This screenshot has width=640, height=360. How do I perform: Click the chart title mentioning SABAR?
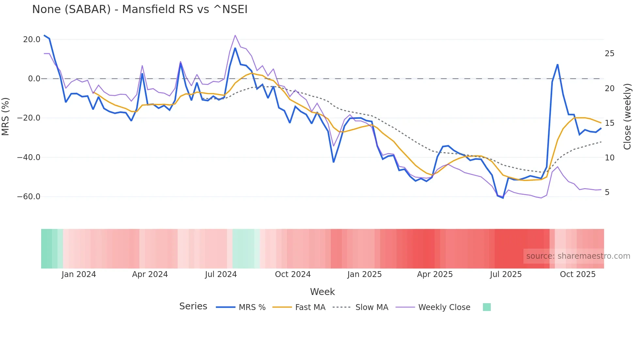140,9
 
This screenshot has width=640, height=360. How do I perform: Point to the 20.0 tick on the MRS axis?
32,40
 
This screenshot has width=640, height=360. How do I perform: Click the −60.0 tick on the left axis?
29,197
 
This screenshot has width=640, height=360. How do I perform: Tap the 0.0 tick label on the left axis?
34,79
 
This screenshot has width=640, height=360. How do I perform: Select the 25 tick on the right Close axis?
609,54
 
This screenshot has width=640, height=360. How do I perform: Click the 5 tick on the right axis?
607,192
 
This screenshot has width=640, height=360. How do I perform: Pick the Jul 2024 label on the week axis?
221,274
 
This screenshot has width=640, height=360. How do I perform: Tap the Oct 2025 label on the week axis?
578,274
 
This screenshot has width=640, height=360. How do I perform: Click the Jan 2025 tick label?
364,274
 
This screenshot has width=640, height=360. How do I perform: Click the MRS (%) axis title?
6,117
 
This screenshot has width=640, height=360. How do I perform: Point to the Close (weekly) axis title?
627,117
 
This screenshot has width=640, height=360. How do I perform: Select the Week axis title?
322,292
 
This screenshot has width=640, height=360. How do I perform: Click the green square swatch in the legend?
487,307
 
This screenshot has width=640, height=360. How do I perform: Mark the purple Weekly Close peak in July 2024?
235,35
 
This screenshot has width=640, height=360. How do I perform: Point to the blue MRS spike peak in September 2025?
558,65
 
